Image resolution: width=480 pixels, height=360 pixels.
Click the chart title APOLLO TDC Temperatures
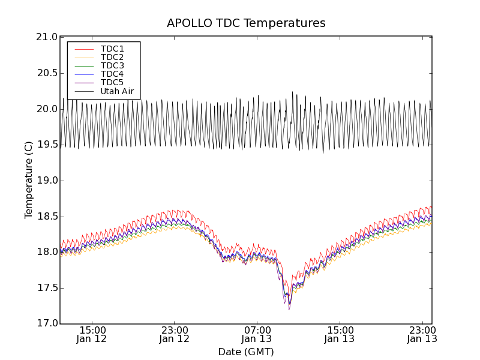click(246, 23)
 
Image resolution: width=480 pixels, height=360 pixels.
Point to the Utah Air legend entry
click(117, 92)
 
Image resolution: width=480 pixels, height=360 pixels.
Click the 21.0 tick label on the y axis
click(47, 37)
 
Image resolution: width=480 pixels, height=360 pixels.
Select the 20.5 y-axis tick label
click(47, 73)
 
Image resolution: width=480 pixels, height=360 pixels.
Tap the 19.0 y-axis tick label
click(47, 181)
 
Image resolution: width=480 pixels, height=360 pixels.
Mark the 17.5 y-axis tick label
click(47, 288)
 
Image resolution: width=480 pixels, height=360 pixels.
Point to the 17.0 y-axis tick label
click(47, 324)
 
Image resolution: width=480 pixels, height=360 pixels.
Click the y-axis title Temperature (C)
click(29, 180)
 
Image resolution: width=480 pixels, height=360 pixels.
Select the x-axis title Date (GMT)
click(246, 352)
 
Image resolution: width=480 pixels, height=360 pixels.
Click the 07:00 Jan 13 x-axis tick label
click(257, 334)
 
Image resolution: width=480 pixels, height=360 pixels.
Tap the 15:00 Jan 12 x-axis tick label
click(92, 334)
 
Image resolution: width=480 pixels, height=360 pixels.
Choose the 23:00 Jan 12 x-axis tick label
click(175, 334)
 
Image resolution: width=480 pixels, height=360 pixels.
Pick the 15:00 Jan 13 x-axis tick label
click(340, 334)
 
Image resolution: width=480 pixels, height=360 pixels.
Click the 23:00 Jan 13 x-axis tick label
click(422, 334)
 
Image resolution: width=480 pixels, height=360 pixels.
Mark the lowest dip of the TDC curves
click(289, 308)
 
